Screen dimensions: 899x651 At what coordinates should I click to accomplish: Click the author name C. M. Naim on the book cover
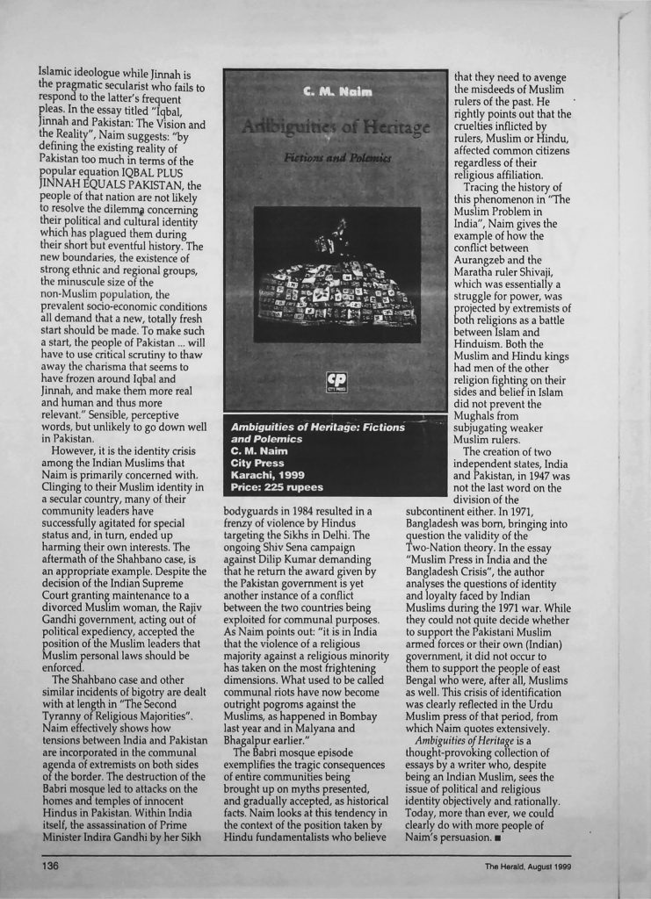(x=335, y=91)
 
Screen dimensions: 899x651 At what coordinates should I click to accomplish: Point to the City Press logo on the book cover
(x=336, y=384)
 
